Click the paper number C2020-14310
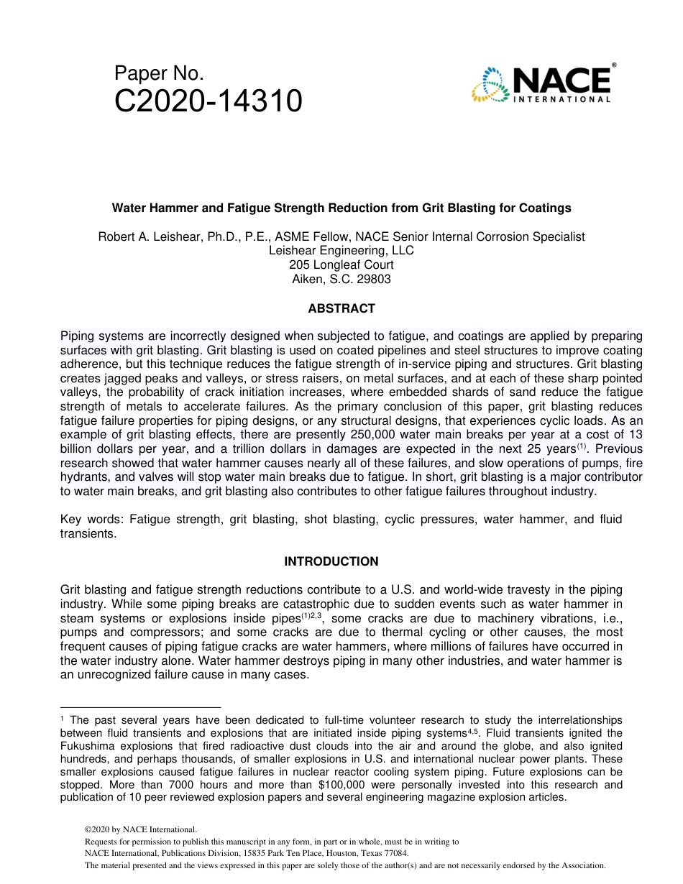[208, 102]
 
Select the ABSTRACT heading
[341, 308]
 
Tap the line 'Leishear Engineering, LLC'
[341, 251]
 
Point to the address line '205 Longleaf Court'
[341, 265]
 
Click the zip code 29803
[374, 280]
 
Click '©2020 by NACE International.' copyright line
[140, 829]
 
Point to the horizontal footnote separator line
[140, 707]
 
